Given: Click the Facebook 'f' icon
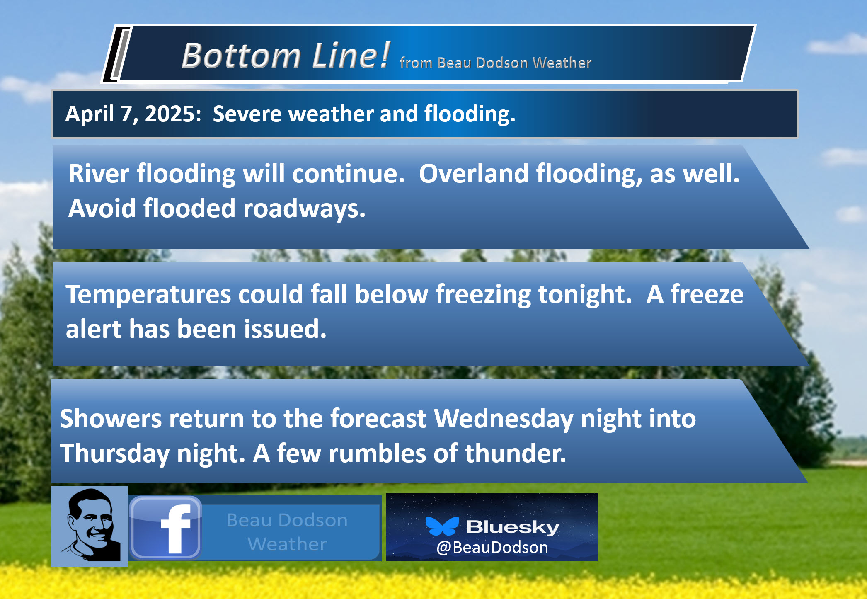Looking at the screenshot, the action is click(166, 527).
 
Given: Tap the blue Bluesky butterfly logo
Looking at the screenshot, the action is click(442, 526).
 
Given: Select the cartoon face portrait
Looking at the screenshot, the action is click(90, 526).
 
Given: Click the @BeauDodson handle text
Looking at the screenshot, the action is click(492, 548).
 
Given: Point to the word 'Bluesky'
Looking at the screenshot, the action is click(513, 527).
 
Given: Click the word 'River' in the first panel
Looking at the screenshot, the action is click(99, 173).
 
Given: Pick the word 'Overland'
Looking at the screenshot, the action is click(473, 173).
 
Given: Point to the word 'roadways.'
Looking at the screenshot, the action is click(304, 208).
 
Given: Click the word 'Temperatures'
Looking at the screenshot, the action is click(148, 295).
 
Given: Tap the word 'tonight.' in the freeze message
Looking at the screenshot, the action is click(585, 295).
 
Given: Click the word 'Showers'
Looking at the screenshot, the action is click(111, 418).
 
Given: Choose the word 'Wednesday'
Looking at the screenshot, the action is click(504, 419).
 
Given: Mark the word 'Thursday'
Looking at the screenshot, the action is click(115, 453).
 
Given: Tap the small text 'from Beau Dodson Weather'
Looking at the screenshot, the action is click(496, 63).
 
